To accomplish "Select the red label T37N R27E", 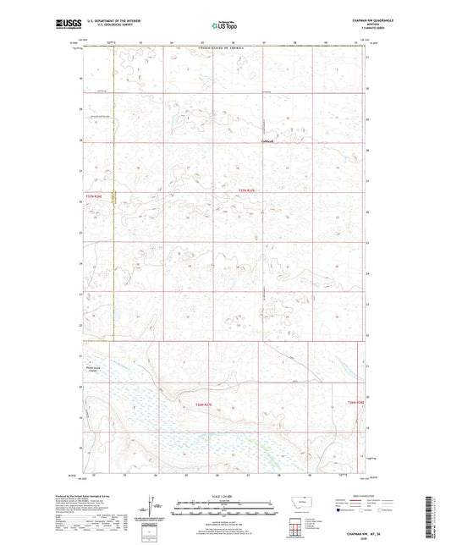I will coord(245,191).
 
